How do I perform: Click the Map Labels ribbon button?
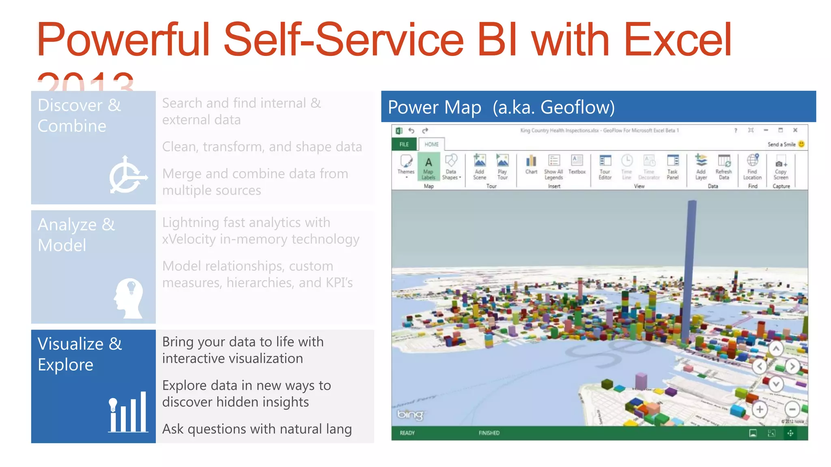pyautogui.click(x=428, y=167)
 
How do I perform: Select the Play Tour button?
pyautogui.click(x=502, y=167)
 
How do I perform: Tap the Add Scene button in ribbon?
pyautogui.click(x=480, y=167)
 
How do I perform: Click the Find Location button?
pyautogui.click(x=752, y=167)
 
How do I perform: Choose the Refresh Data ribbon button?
pyautogui.click(x=724, y=167)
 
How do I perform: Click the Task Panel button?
pyautogui.click(x=672, y=167)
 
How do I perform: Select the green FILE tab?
pyautogui.click(x=404, y=144)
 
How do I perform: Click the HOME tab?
pyautogui.click(x=431, y=144)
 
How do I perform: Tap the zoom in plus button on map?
pyautogui.click(x=760, y=409)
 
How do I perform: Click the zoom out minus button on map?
pyautogui.click(x=792, y=409)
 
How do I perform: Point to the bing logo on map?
pyautogui.click(x=410, y=414)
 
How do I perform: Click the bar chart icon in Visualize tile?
pyautogui.click(x=128, y=412)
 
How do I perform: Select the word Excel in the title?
pyautogui.click(x=677, y=40)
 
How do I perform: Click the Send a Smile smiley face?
pyautogui.click(x=801, y=144)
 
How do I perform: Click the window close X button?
pyautogui.click(x=795, y=130)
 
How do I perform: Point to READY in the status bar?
pyautogui.click(x=407, y=433)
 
